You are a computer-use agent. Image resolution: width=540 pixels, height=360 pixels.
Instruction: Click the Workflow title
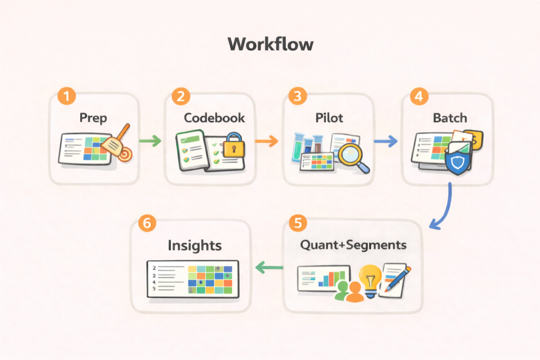[x=270, y=44]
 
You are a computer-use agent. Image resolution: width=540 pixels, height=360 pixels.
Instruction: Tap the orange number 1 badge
[x=66, y=97]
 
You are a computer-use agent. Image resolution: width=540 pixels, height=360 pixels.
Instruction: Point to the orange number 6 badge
[x=147, y=223]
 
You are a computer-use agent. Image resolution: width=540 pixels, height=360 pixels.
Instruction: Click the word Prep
[x=93, y=117]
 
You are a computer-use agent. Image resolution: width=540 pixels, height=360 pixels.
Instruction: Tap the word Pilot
[x=330, y=117]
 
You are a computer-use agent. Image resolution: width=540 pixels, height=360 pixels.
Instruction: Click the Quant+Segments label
[x=353, y=245]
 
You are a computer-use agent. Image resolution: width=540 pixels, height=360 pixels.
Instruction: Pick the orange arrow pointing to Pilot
[x=266, y=141]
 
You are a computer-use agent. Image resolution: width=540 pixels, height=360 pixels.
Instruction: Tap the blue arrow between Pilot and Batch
[x=385, y=141]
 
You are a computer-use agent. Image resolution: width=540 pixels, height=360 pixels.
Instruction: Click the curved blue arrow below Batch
[x=445, y=208]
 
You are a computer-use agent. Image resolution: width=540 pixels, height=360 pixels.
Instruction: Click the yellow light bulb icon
[x=371, y=278]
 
